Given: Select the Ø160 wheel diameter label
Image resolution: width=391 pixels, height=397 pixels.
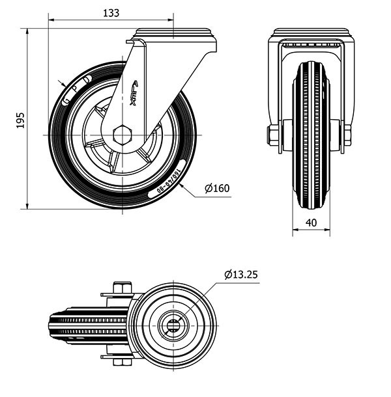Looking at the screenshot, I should (217, 189).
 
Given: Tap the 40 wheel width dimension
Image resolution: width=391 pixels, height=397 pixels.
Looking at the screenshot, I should (311, 223).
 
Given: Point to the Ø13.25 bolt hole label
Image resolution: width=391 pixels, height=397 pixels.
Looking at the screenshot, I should (241, 275).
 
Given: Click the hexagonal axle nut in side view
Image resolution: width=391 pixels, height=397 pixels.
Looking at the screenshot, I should (122, 135).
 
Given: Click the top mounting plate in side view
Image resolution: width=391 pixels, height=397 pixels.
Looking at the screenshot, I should (175, 34).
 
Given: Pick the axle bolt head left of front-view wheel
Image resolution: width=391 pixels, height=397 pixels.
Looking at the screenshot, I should (272, 135).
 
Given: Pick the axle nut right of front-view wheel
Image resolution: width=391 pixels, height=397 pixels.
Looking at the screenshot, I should (347, 135).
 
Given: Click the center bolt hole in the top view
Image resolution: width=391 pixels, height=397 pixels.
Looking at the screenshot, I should (173, 323).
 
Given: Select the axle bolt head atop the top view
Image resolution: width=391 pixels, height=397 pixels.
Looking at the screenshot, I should (122, 287).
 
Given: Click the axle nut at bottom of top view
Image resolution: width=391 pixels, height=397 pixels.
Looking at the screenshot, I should (122, 361).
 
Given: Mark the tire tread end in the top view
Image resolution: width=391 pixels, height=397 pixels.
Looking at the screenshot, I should (52, 323).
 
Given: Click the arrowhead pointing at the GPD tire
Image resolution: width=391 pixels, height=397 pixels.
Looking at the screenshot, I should (63, 85).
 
